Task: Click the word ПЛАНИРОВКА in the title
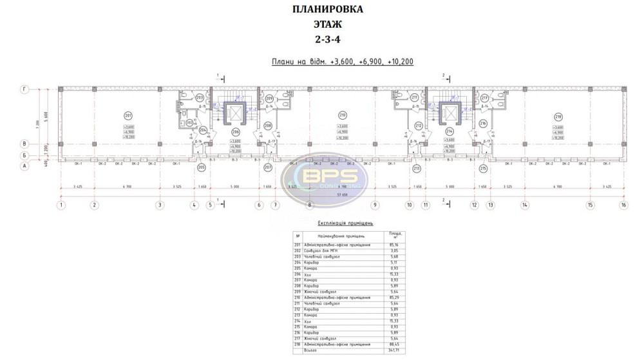327,10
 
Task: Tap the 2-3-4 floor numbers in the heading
327,39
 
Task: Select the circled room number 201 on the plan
128,115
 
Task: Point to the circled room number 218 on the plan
558,115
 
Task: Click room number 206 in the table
298,274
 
